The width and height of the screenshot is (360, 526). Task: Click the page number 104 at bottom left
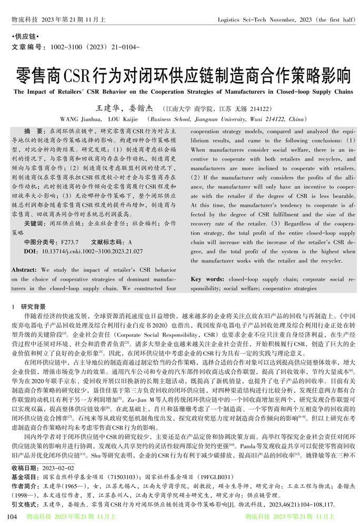[12, 517]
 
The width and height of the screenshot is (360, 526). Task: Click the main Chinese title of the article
[179, 75]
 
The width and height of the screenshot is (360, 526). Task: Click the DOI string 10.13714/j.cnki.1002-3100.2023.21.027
[85, 251]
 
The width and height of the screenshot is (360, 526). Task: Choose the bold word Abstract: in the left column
[24, 270]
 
